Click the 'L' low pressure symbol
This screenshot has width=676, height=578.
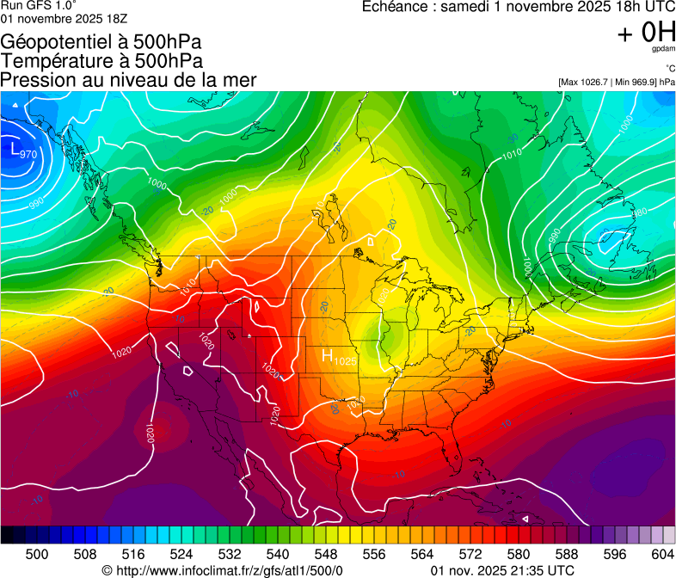[x=15, y=148]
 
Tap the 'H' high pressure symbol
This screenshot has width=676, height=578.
[x=328, y=355]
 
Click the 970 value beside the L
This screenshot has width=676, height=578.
[x=28, y=154]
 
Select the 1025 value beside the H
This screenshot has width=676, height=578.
[x=345, y=360]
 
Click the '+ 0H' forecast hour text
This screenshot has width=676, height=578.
[x=646, y=33]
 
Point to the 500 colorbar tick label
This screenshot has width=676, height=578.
[x=37, y=554]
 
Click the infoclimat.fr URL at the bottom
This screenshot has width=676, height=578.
[x=228, y=570]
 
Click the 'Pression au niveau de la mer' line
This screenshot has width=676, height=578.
[x=129, y=80]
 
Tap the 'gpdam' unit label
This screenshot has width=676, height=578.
[x=663, y=49]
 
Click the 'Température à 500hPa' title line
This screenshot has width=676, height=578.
[x=101, y=61]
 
